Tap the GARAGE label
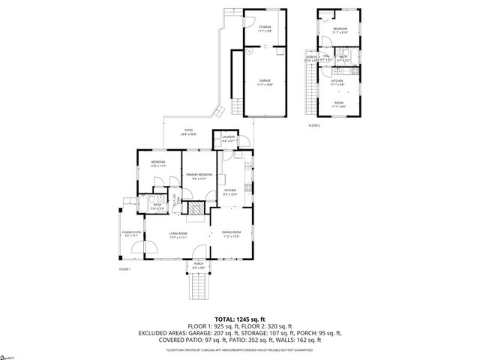[265, 82]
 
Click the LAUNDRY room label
[228, 138]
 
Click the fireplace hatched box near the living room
[195, 209]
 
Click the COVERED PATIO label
[132, 234]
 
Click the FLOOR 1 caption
[124, 268]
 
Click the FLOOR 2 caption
[313, 125]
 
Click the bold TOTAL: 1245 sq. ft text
[239, 319]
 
